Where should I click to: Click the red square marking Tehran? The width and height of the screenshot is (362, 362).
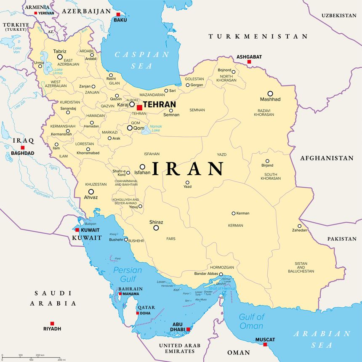pyautogui.click(x=139, y=108)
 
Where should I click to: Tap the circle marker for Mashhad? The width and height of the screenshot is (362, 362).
pyautogui.click(x=270, y=93)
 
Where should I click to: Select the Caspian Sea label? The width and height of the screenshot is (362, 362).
pyautogui.click(x=142, y=60)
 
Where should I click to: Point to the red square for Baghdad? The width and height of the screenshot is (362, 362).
pyautogui.click(x=23, y=148)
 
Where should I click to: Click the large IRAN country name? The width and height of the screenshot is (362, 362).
pyautogui.click(x=188, y=169)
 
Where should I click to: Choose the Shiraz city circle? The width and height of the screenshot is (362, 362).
pyautogui.click(x=156, y=228)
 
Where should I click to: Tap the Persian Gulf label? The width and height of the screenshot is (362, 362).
pyautogui.click(x=128, y=275)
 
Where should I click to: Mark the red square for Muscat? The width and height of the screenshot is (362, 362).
pyautogui.click(x=265, y=345)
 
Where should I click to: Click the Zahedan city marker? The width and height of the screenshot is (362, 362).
pyautogui.click(x=300, y=226)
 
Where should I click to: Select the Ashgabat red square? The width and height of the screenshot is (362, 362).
pyautogui.click(x=249, y=62)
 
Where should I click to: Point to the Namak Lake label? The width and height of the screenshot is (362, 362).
pyautogui.click(x=156, y=128)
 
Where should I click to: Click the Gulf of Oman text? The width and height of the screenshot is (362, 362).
pyautogui.click(x=252, y=322)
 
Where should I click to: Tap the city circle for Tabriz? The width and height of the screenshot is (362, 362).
pyautogui.click(x=60, y=57)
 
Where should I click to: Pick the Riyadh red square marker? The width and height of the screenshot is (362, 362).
pyautogui.click(x=52, y=323)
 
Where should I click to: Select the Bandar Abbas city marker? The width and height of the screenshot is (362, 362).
pyautogui.click(x=221, y=274)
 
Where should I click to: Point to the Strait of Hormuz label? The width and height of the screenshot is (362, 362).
pyautogui.click(x=222, y=288)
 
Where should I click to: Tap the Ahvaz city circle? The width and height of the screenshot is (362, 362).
pyautogui.click(x=91, y=192)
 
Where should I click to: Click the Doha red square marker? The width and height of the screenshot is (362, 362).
pyautogui.click(x=138, y=313)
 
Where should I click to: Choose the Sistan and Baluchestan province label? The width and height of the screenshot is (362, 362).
pyautogui.click(x=301, y=267)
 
